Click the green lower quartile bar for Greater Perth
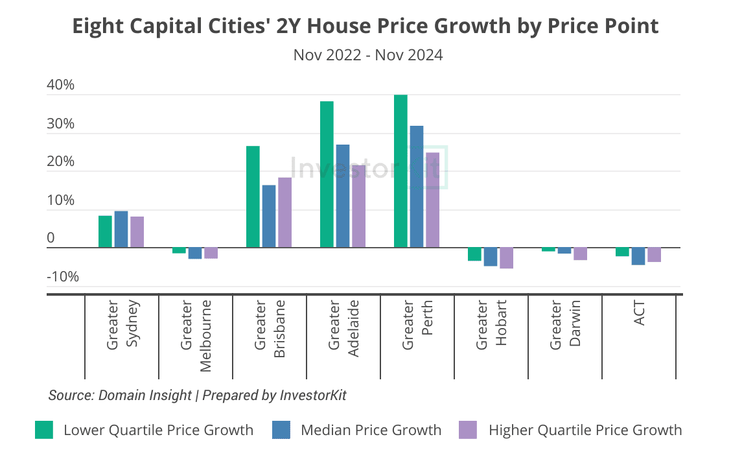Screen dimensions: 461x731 tap(400, 171)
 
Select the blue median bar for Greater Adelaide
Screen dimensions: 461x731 tap(342, 196)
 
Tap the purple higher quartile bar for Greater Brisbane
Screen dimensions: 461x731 tap(284, 213)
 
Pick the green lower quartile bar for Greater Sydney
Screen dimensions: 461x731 tap(105, 231)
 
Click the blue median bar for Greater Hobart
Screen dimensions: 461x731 tap(491, 257)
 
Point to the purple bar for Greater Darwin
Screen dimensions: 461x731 tap(580, 254)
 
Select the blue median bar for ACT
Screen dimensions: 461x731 tap(638, 256)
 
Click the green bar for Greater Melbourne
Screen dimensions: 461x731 tap(179, 250)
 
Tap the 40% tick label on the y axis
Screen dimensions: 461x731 tap(61, 86)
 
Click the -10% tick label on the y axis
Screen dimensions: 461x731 tap(62, 277)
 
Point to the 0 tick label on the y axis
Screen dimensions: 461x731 tap(51, 239)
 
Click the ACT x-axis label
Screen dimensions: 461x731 tap(639, 313)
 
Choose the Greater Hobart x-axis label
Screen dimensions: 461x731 tap(491, 325)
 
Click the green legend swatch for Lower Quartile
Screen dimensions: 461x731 tap(44, 430)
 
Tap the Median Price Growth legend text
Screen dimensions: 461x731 tap(371, 430)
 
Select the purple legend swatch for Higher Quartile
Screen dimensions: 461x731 tap(467, 430)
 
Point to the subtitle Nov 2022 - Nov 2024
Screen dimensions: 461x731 tap(368, 55)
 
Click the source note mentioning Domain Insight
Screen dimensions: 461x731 tap(197, 395)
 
